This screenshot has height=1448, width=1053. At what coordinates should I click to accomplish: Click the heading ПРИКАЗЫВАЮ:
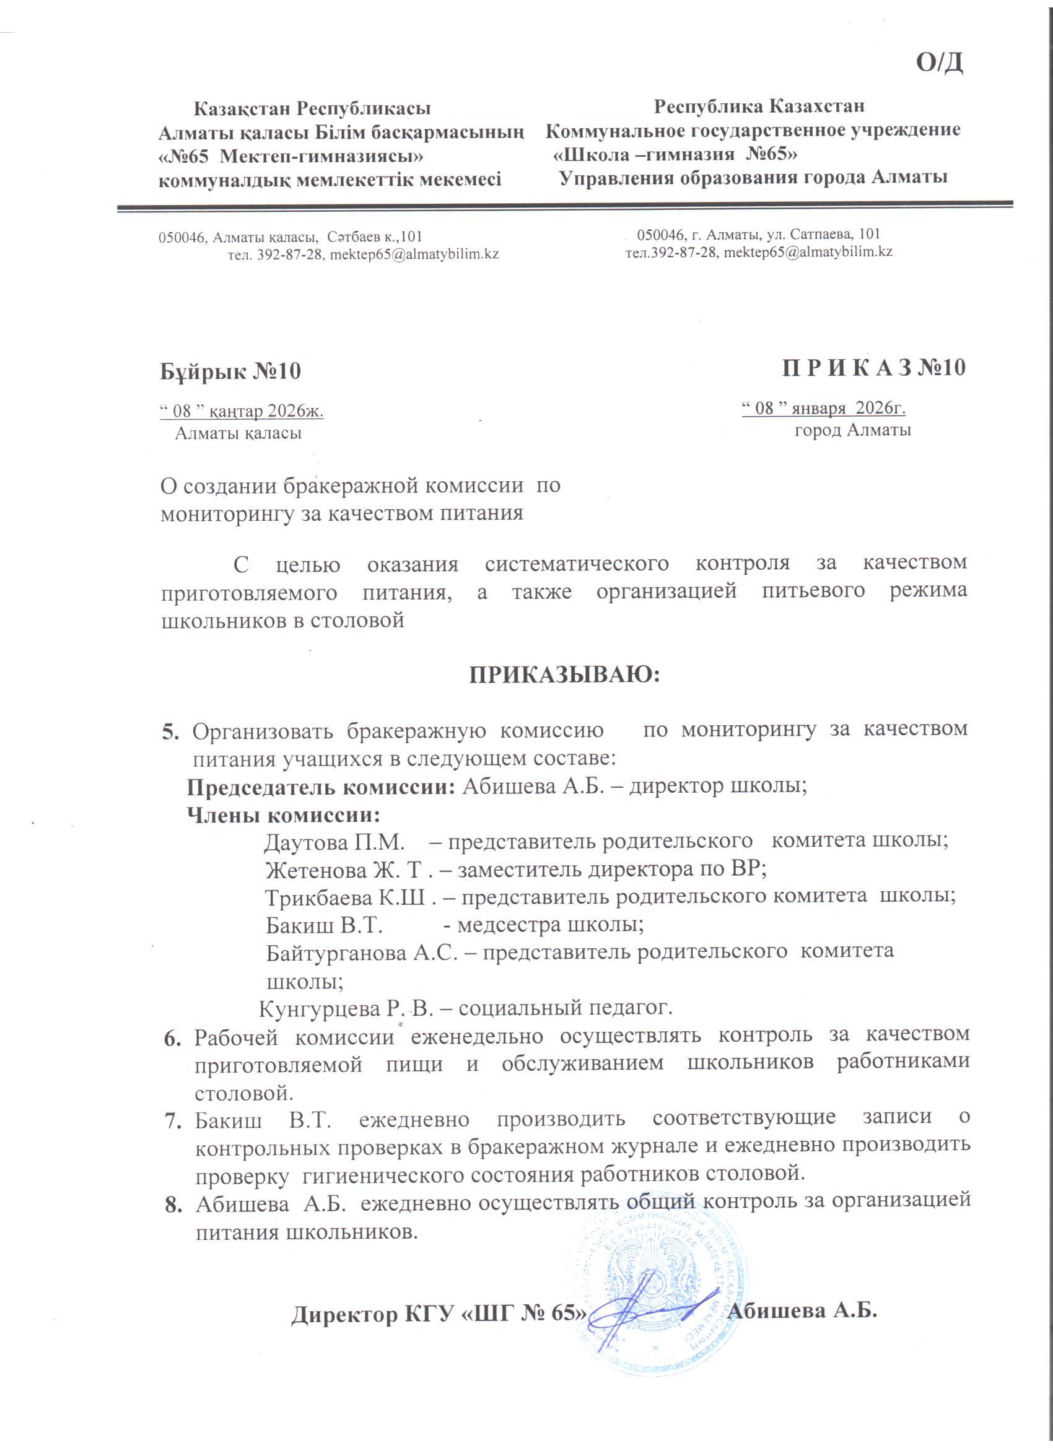(x=564, y=675)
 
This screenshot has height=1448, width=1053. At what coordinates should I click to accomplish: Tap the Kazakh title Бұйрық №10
(x=230, y=371)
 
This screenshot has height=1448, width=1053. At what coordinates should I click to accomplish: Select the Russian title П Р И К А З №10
(x=873, y=369)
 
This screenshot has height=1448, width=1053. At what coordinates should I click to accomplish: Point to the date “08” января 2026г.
(x=823, y=408)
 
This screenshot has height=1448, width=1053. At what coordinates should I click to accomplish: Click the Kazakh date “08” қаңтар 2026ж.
(x=242, y=411)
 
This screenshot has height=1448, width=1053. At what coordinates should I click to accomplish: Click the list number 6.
(x=172, y=1039)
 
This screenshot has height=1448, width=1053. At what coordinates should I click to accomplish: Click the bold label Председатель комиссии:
(x=321, y=787)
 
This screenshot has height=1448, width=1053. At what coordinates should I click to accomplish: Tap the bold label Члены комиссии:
(x=284, y=814)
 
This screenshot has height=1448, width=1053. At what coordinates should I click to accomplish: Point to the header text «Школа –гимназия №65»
(x=675, y=154)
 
